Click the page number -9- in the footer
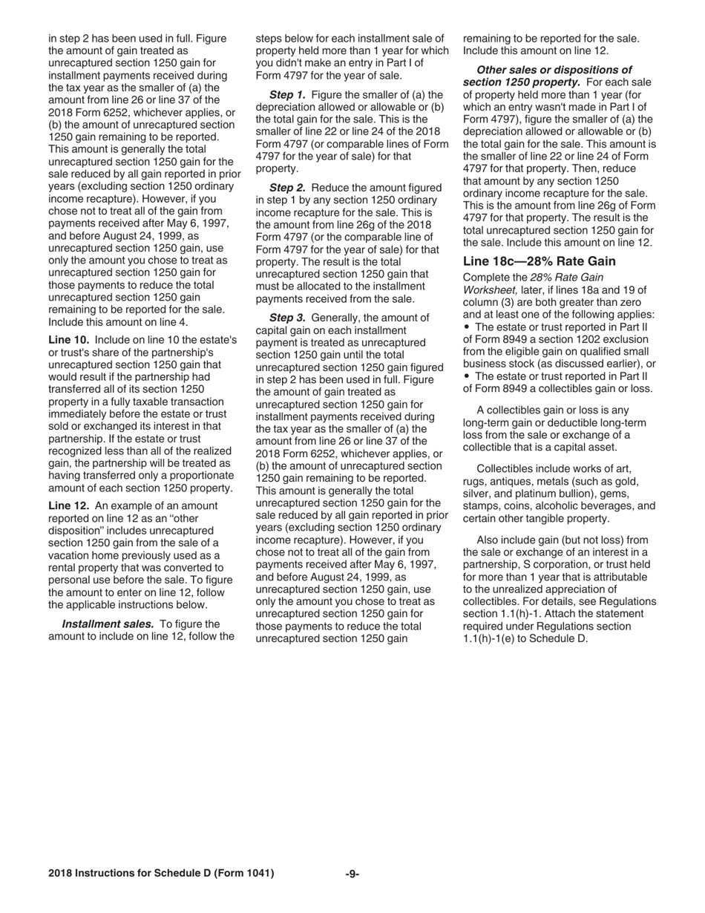[x=352, y=874]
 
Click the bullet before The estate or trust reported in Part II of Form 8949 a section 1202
[x=467, y=327]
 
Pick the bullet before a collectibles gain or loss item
[x=467, y=376]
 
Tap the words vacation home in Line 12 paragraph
[x=82, y=555]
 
